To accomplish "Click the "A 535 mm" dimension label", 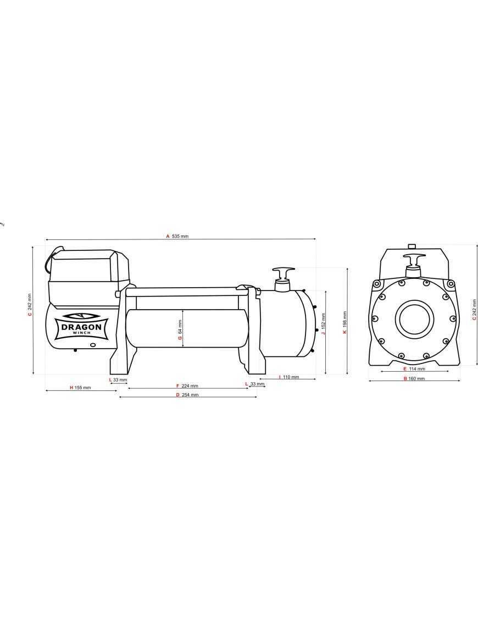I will pyautogui.click(x=177, y=236).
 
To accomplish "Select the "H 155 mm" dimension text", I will pyautogui.click(x=80, y=388).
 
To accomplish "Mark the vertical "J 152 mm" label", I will pyautogui.click(x=324, y=324).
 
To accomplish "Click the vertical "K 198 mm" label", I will pyautogui.click(x=344, y=323).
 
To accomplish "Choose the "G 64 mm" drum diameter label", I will pyautogui.click(x=180, y=331).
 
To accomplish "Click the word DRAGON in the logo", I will pyautogui.click(x=81, y=327).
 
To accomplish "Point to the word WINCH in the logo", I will pyautogui.click(x=81, y=333).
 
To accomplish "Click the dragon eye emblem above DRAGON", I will pyautogui.click(x=81, y=316).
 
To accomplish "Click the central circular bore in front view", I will pyautogui.click(x=414, y=318).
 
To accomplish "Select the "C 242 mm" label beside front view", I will pyautogui.click(x=474, y=310).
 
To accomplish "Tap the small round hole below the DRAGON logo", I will pyautogui.click(x=93, y=345).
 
